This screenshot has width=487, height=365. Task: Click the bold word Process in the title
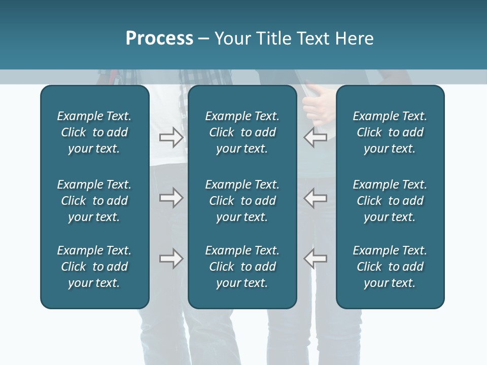159,39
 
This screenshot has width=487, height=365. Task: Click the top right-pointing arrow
171,137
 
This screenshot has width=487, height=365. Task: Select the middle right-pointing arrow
171,198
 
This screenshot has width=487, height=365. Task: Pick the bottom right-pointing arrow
171,259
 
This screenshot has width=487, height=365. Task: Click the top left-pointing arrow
316,137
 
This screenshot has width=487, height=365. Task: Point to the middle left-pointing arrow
316,198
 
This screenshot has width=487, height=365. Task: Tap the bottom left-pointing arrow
316,259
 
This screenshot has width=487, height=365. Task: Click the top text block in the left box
94,132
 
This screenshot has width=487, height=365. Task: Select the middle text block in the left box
94,201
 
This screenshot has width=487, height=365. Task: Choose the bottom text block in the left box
94,267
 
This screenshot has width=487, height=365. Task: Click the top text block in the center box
242,132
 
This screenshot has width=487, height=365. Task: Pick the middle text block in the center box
242,201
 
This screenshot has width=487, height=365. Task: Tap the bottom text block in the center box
242,267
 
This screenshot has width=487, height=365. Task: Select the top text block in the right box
390,132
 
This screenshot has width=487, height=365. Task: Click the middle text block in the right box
390,201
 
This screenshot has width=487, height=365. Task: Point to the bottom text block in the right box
390,267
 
